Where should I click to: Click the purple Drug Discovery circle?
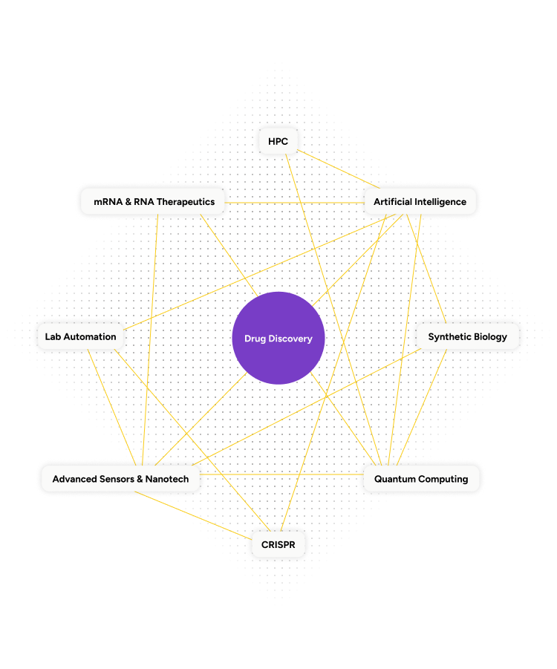[x=278, y=338]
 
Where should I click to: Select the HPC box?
[x=278, y=141]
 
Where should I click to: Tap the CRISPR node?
[x=278, y=544]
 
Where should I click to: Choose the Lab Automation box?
[x=80, y=336]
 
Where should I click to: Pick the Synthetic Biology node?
[x=467, y=336]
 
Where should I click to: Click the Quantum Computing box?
[x=420, y=479]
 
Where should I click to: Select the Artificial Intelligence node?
[x=420, y=201]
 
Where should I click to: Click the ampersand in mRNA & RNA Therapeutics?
[x=128, y=201]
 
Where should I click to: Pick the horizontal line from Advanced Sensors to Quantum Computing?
[x=282, y=474]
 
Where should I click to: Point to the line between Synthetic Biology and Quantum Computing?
[x=423, y=408]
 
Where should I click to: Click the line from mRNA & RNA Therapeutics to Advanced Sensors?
[x=152, y=334]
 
